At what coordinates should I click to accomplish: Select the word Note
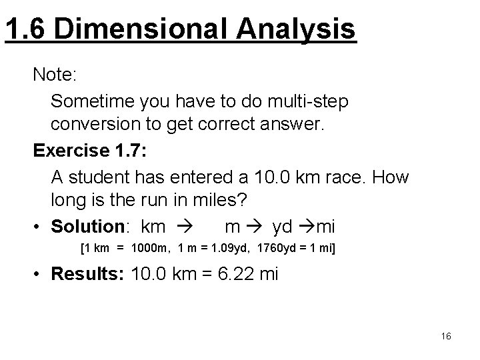pyautogui.click(x=55, y=74)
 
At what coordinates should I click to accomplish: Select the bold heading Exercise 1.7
pyautogui.click(x=89, y=151)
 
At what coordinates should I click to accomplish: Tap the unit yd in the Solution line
pyautogui.click(x=283, y=227)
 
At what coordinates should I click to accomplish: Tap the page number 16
pyautogui.click(x=446, y=336)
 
